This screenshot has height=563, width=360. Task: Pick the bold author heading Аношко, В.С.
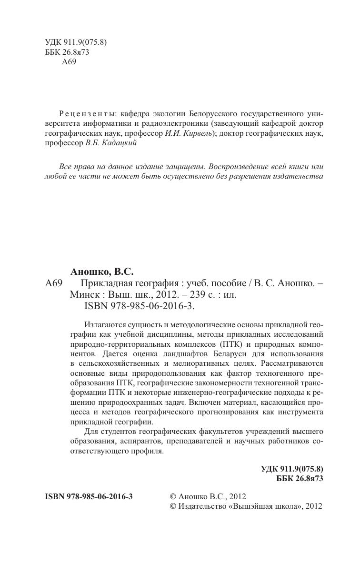click(x=102, y=272)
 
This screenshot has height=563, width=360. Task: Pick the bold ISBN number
click(x=89, y=496)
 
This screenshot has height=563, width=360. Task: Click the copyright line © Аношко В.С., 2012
click(x=208, y=496)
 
